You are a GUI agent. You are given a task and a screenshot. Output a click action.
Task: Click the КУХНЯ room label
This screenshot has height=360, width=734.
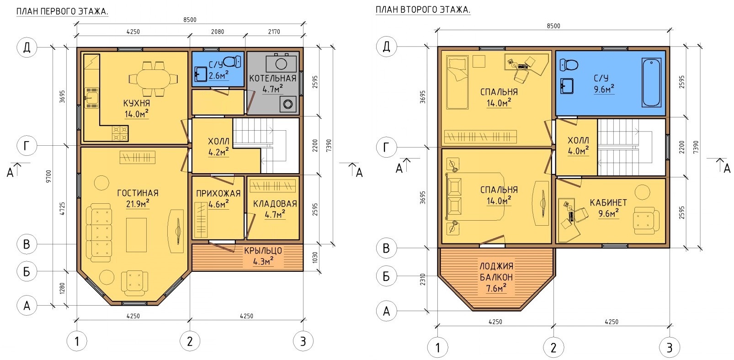[x=137, y=103]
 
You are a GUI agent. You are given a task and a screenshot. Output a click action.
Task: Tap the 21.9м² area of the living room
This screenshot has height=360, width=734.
[x=138, y=204]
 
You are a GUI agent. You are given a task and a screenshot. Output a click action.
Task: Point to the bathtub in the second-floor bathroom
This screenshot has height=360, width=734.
[x=651, y=82]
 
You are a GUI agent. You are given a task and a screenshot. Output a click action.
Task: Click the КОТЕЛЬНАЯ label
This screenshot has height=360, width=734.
[x=273, y=78]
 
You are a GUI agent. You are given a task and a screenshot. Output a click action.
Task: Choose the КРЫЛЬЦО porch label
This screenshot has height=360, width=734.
[x=263, y=251]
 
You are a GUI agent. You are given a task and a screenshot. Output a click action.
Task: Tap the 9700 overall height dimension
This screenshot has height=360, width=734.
[x=49, y=176]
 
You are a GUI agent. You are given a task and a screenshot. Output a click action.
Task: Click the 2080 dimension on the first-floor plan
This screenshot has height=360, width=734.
[x=218, y=32]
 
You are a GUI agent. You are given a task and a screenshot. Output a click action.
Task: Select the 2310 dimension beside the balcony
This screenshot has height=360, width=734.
[x=423, y=280]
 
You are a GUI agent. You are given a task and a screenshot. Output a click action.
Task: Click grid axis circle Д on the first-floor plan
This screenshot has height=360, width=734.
[x=27, y=48]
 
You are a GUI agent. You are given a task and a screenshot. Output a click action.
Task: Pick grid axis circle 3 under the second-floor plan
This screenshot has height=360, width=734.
[x=670, y=347]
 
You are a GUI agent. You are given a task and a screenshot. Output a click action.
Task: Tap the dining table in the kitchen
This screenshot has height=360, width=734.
[x=153, y=79]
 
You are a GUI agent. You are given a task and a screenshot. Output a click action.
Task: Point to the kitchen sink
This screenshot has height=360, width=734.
[x=91, y=98]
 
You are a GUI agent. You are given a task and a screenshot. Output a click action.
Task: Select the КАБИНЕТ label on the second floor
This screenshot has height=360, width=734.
[x=608, y=202]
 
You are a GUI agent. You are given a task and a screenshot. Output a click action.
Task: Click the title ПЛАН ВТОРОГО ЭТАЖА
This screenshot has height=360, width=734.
[x=423, y=10]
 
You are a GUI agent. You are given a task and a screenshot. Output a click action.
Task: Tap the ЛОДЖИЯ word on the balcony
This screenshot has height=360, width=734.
[x=496, y=266]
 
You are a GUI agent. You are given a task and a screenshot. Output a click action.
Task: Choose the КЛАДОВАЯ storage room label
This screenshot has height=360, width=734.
[x=275, y=204]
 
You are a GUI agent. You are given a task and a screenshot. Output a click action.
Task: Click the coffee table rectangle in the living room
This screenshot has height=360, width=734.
[x=136, y=235]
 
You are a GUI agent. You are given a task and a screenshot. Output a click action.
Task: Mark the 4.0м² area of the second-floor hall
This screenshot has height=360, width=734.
[x=578, y=151]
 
